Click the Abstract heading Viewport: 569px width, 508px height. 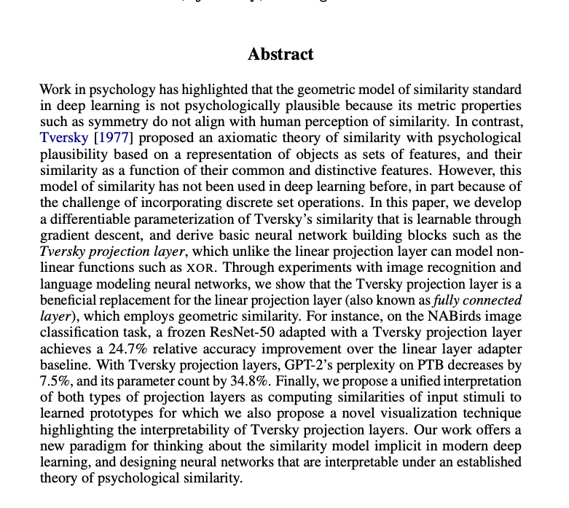pyautogui.click(x=280, y=55)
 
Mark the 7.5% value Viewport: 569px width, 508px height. pyautogui.click(x=56, y=380)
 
